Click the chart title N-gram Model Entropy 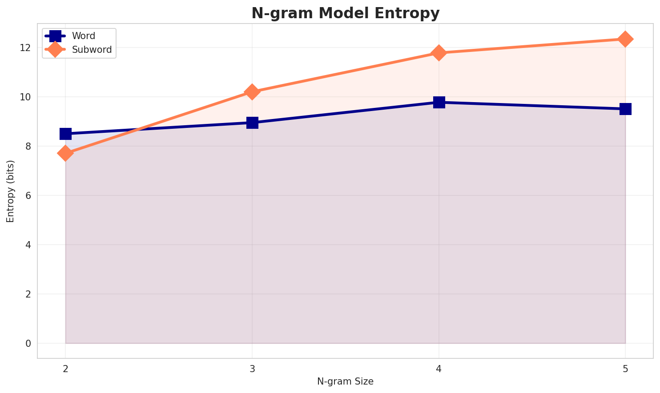(345, 13)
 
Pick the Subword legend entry (92, 50)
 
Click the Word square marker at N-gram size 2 (65, 134)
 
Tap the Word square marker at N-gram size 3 (252, 123)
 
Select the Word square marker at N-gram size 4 (439, 102)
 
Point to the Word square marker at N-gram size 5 (625, 109)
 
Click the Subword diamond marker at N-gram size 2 (65, 153)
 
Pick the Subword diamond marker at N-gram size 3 (252, 92)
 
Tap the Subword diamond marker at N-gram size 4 (439, 53)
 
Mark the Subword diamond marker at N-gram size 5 (625, 39)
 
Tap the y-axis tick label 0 (28, 343)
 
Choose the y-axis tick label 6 (28, 195)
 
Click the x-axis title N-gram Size (345, 381)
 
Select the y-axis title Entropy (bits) (10, 191)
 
